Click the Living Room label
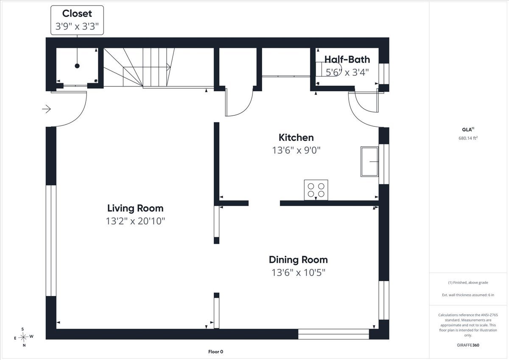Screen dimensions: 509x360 tap(135, 208)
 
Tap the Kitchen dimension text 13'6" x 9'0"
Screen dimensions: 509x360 tap(296, 150)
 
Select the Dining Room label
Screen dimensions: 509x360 tap(298, 260)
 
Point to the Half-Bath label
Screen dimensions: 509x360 tap(347, 59)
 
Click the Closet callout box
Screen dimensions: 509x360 tap(77, 20)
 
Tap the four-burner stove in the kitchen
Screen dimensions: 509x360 tap(316, 190)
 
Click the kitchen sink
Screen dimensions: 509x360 tap(369, 162)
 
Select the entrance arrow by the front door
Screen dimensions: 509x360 tap(46, 109)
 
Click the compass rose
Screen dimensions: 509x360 tap(23, 337)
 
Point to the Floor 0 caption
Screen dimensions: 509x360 tap(215, 352)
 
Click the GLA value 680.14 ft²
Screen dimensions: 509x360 tap(468, 138)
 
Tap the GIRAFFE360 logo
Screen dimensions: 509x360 tap(468, 345)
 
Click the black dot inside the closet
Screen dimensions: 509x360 tap(77, 66)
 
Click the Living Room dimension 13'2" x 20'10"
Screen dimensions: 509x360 tap(135, 221)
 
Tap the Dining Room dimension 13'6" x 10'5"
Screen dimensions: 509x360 tap(299, 272)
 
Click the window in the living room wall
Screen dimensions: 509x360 tap(51, 241)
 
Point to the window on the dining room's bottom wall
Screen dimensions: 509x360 tap(333, 334)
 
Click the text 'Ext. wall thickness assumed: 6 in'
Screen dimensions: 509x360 tap(468, 295)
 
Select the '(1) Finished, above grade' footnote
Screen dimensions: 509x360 tap(468, 282)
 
